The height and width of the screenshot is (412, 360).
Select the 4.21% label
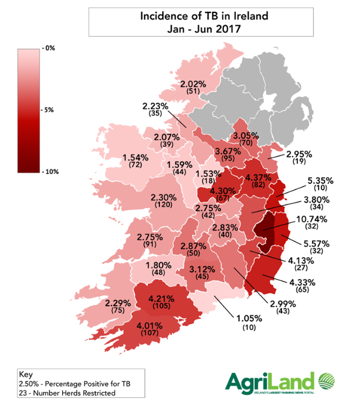click(x=161, y=298)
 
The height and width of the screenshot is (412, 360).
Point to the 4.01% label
click(x=156, y=326)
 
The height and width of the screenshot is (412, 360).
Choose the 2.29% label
click(x=118, y=302)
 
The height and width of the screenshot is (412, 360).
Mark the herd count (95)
click(x=228, y=158)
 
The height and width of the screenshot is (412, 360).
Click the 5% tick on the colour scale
click(x=49, y=110)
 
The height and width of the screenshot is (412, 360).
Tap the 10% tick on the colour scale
click(x=50, y=171)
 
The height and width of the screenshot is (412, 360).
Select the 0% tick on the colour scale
click(x=49, y=49)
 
